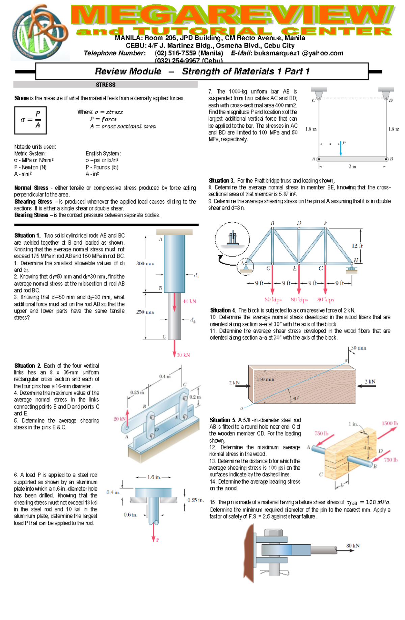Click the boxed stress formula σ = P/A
pyautogui.click(x=30, y=120)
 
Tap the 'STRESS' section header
pyautogui.click(x=105, y=85)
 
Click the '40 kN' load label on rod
pyautogui.click(x=190, y=301)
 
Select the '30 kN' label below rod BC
pyautogui.click(x=184, y=355)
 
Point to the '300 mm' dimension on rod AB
pyautogui.click(x=145, y=264)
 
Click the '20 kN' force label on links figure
pyautogui.click(x=119, y=419)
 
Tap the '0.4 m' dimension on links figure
pyautogui.click(x=165, y=376)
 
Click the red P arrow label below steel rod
pyautogui.click(x=157, y=540)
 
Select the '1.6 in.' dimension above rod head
pyautogui.click(x=154, y=477)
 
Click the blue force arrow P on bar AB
pyautogui.click(x=341, y=149)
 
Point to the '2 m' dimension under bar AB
pyautogui.click(x=352, y=167)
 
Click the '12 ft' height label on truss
pyautogui.click(x=357, y=246)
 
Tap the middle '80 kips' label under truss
pyautogui.click(x=299, y=300)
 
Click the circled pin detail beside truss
pyautogui.click(x=232, y=239)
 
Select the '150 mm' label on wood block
pyautogui.click(x=265, y=379)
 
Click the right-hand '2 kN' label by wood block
pyautogui.click(x=370, y=381)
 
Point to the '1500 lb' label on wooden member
pyautogui.click(x=390, y=423)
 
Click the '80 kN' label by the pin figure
pyautogui.click(x=353, y=545)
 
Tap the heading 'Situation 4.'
pyautogui.click(x=223, y=310)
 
